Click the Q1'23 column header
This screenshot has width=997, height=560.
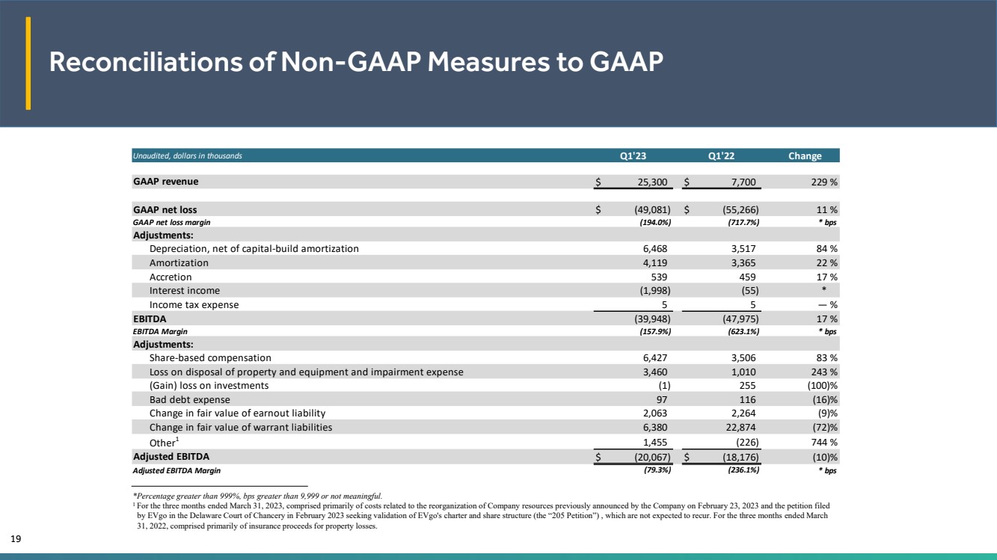(633, 156)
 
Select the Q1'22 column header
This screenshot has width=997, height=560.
(721, 156)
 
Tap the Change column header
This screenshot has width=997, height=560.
(805, 156)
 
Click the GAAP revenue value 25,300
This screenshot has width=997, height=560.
(652, 182)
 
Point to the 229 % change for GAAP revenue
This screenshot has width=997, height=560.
(824, 182)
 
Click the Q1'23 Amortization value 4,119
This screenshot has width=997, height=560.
(654, 263)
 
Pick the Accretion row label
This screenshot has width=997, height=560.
(171, 277)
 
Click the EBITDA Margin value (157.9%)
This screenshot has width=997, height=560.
(654, 331)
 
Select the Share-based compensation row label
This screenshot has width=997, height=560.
(210, 358)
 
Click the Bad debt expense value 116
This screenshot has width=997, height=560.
(747, 399)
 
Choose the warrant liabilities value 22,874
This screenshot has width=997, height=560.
(740, 427)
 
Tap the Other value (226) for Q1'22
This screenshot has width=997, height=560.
(747, 442)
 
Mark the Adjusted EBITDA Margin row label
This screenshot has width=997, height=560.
(177, 470)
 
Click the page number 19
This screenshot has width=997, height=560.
(16, 539)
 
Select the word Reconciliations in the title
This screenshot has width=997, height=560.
(146, 61)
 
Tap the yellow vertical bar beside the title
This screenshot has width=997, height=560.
(28, 63)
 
